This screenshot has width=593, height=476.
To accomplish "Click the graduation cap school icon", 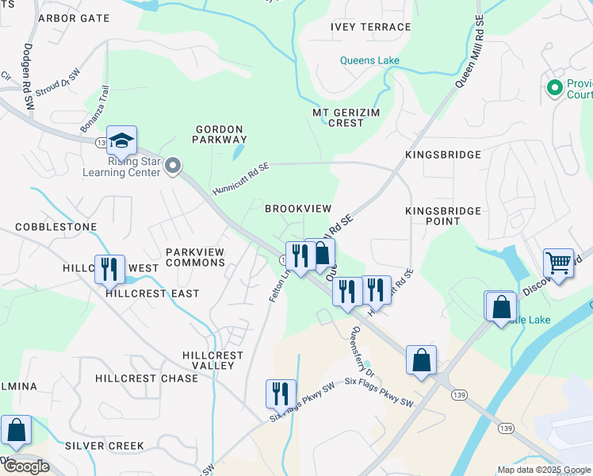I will (x=121, y=140).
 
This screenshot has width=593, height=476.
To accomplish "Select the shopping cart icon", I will (x=559, y=263).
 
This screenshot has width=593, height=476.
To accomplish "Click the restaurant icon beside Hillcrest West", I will (x=109, y=269).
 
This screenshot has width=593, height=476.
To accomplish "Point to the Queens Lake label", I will (x=369, y=60).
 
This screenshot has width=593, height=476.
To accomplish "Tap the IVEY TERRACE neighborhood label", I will (x=365, y=26).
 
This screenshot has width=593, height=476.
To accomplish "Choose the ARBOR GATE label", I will (x=74, y=17).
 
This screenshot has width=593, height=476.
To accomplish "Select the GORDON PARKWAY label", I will (x=218, y=133).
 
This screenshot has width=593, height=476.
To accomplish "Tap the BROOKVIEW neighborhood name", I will (x=297, y=209).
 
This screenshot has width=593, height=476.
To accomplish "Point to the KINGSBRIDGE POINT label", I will (x=443, y=216).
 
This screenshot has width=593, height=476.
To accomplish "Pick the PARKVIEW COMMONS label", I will (x=194, y=257).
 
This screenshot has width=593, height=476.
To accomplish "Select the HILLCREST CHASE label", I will (x=147, y=378).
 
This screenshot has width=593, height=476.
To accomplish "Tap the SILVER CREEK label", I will (x=105, y=446).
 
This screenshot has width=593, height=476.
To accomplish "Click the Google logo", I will (x=25, y=466).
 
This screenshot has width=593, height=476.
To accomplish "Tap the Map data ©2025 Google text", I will (x=543, y=469).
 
